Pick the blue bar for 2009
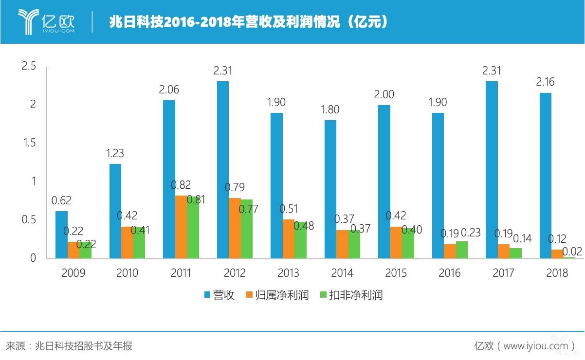click(62, 234)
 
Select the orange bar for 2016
click(450, 251)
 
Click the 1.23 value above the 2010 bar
click(115, 153)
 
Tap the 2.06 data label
click(169, 90)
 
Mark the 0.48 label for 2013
click(303, 226)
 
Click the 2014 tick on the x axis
click(342, 273)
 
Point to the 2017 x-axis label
click(503, 273)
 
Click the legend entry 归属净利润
click(277, 295)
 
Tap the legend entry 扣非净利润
click(351, 295)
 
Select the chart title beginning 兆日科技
click(248, 22)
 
